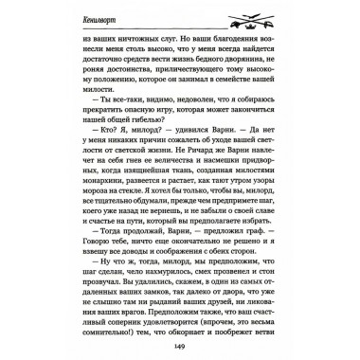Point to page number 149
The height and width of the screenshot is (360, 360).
tap(180, 343)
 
